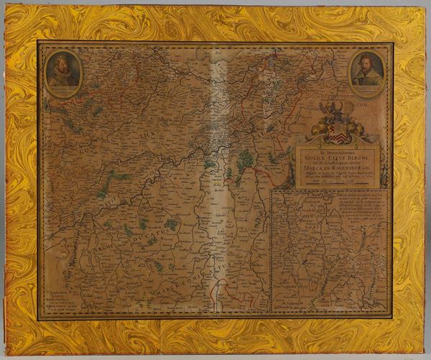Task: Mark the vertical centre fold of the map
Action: pos(215,180)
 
